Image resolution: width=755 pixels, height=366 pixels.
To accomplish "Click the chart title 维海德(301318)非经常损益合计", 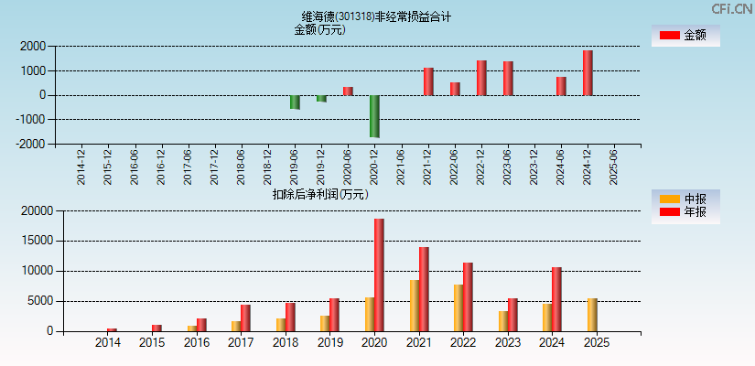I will point(376,16).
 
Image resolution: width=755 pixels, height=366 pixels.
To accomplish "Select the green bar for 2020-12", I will point(374,116).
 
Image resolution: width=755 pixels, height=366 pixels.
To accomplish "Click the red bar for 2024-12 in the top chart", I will point(588,72).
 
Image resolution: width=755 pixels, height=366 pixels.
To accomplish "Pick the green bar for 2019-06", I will point(295,102).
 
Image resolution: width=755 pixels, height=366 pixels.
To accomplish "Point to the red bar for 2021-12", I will point(428,81).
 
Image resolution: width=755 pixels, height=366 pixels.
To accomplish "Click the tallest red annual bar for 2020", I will point(379,274).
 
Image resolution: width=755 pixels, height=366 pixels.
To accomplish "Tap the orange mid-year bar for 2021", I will point(415,306).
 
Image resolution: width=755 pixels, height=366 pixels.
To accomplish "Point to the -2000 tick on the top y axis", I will point(32,144).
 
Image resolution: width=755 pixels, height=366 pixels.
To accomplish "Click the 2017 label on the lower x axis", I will point(241,343).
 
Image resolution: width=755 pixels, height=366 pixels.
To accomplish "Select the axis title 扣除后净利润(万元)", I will point(320,194).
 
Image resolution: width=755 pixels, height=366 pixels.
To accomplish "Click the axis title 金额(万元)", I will point(319,29).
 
